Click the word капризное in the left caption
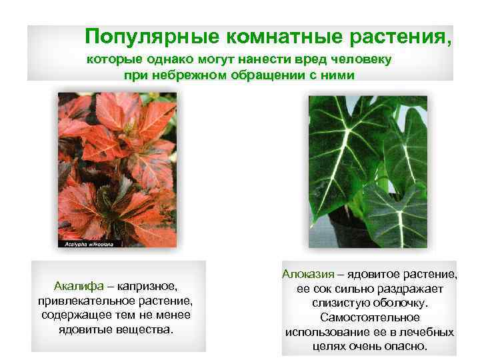(149, 286)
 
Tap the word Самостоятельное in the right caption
(369, 318)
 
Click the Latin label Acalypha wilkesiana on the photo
(86, 245)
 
